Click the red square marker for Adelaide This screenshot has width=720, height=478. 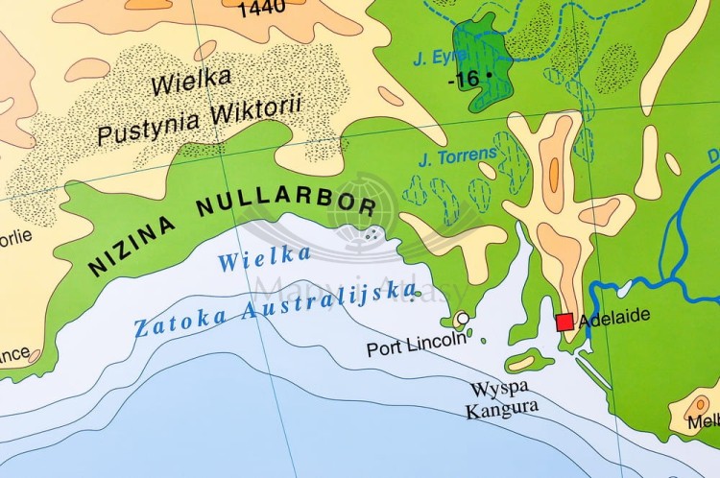click(x=564, y=322)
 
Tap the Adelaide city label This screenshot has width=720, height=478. click(x=614, y=315)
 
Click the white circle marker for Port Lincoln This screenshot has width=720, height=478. click(x=463, y=319)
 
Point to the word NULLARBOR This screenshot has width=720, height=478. click(x=286, y=204)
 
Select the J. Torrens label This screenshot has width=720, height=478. click(x=459, y=154)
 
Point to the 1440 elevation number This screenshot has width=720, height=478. click(x=261, y=9)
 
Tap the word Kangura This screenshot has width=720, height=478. click(x=502, y=409)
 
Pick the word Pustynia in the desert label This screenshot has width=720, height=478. click(x=144, y=124)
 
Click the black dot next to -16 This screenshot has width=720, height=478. click(x=489, y=74)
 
